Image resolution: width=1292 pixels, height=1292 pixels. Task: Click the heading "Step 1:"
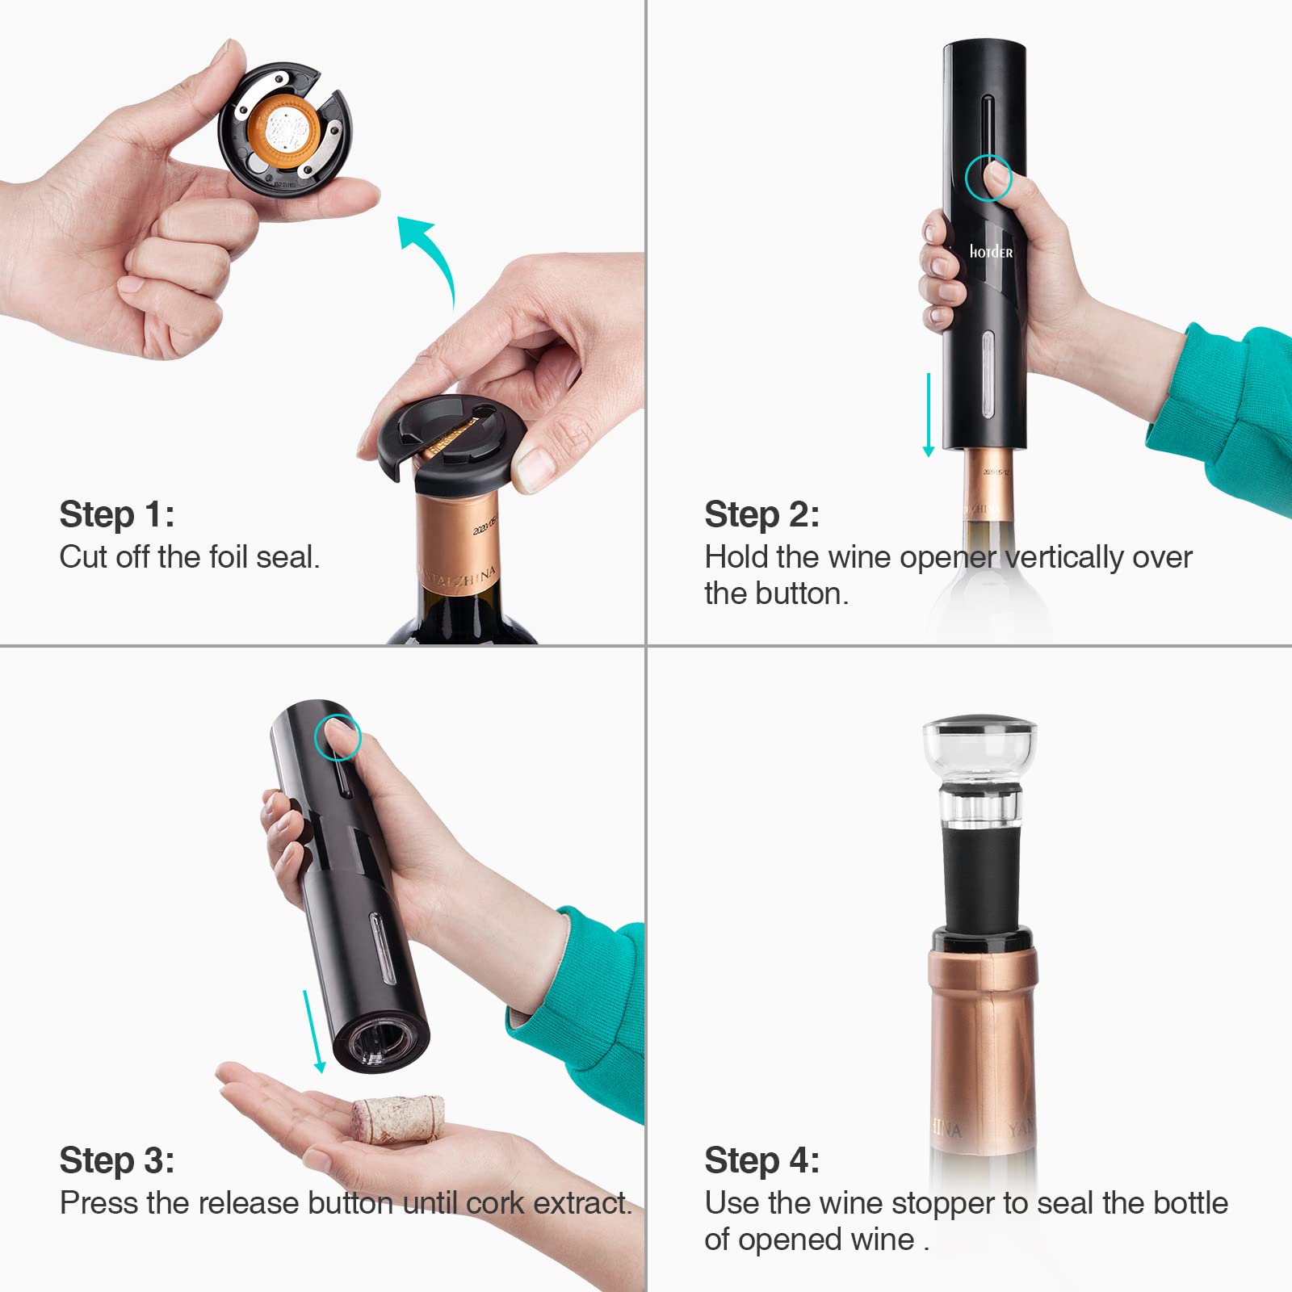(116, 514)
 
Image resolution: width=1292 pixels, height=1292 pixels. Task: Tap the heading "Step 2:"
(761, 514)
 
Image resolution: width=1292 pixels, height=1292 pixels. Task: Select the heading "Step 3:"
(116, 1160)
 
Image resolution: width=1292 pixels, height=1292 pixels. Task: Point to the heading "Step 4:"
(761, 1160)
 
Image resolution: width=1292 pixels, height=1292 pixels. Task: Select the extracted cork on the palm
(398, 1118)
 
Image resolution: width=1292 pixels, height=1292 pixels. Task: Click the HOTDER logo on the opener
(991, 252)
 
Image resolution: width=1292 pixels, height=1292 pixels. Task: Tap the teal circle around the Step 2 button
(988, 177)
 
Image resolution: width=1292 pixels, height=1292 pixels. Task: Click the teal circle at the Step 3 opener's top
(337, 736)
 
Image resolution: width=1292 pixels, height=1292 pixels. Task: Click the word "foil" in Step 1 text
(228, 557)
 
